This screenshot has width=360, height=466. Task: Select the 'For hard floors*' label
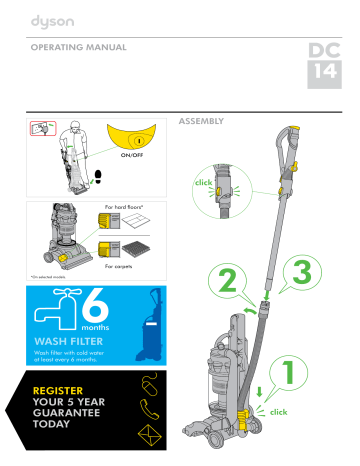coord(125,208)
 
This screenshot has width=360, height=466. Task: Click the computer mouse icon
coord(148,384)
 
